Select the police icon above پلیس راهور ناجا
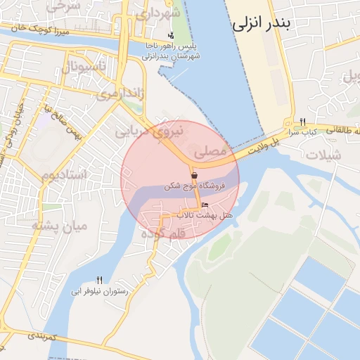click(171, 36)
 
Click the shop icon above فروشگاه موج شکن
click(194, 174)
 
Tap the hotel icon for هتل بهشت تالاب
click(205, 205)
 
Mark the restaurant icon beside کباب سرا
click(302, 122)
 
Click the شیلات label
click(325, 155)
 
